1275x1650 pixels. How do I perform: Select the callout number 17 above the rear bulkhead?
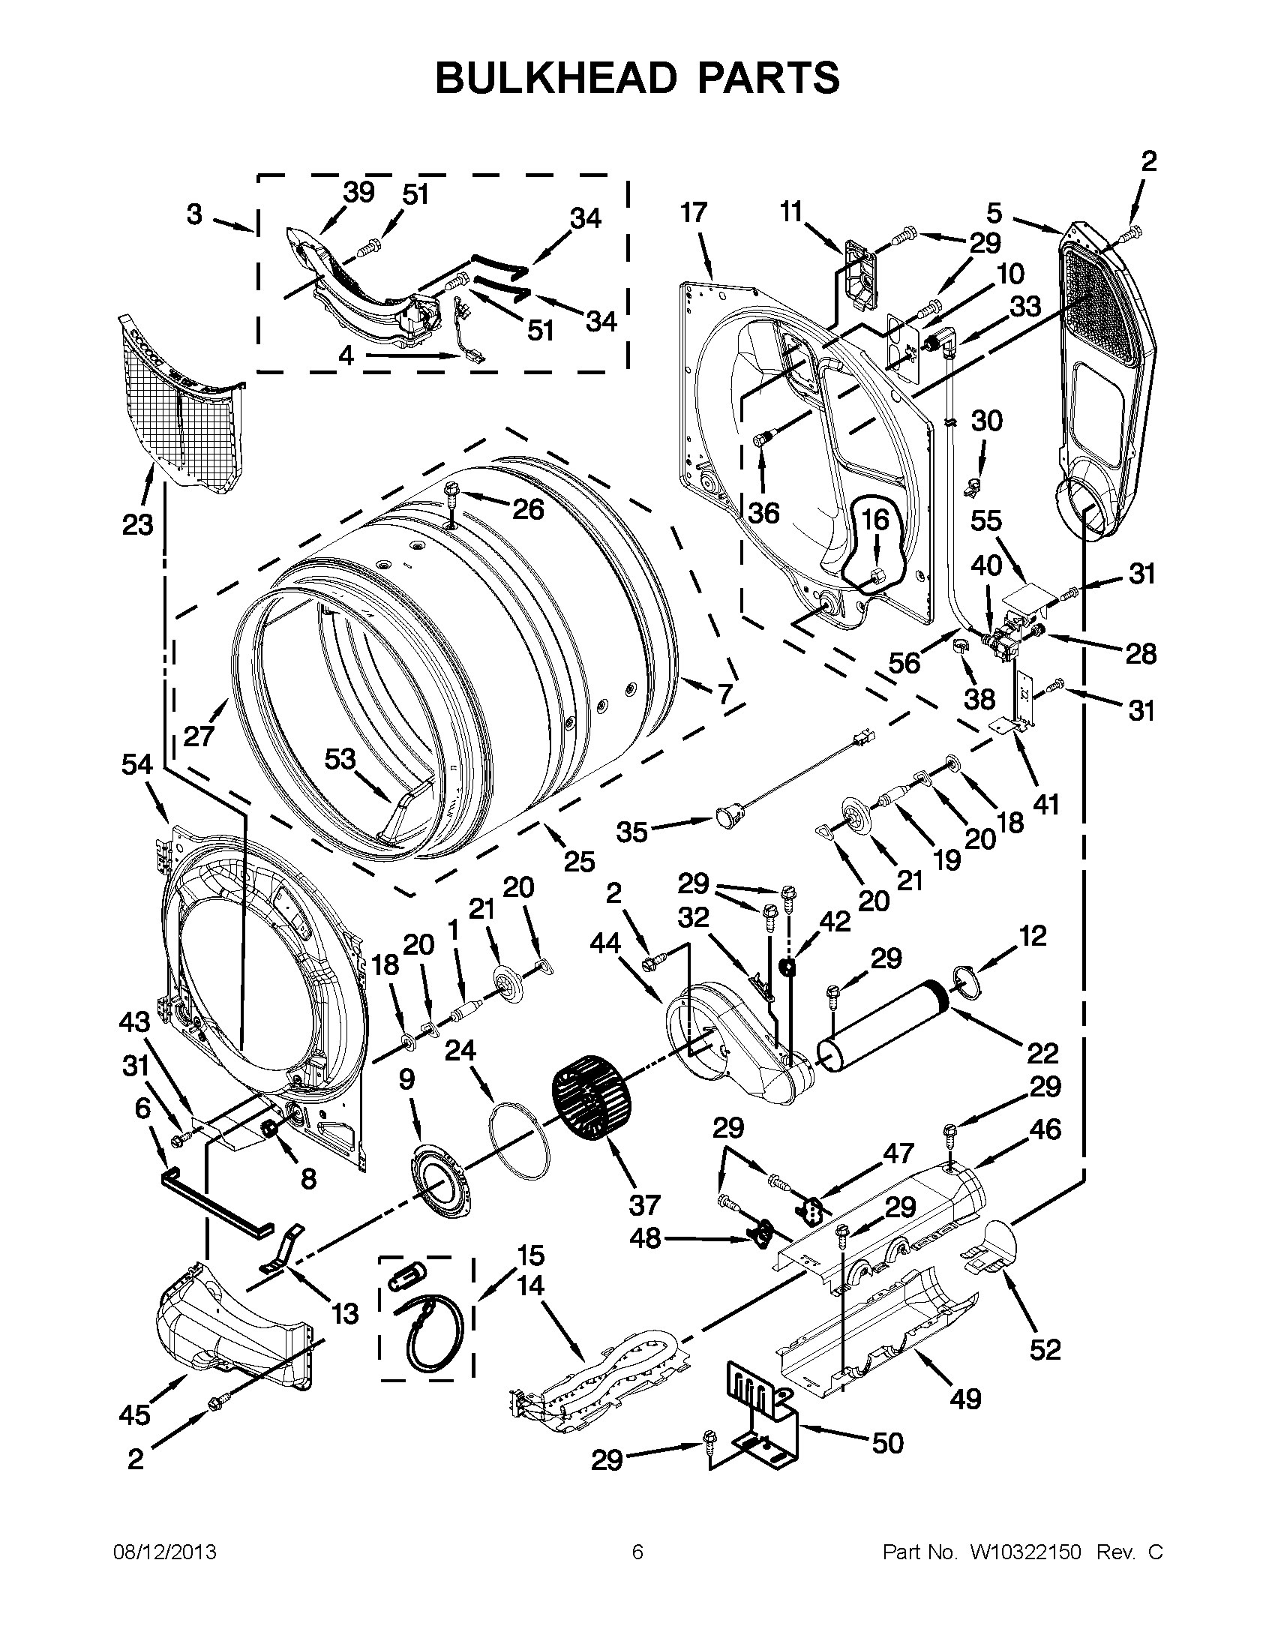point(694,213)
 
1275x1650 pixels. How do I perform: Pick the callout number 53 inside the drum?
point(340,758)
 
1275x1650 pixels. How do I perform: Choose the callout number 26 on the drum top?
point(528,510)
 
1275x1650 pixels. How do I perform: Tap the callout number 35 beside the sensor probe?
point(631,832)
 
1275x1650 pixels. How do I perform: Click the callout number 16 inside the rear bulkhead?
point(876,520)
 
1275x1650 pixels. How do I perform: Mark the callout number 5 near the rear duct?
point(994,214)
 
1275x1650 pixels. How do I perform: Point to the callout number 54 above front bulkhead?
point(137,765)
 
